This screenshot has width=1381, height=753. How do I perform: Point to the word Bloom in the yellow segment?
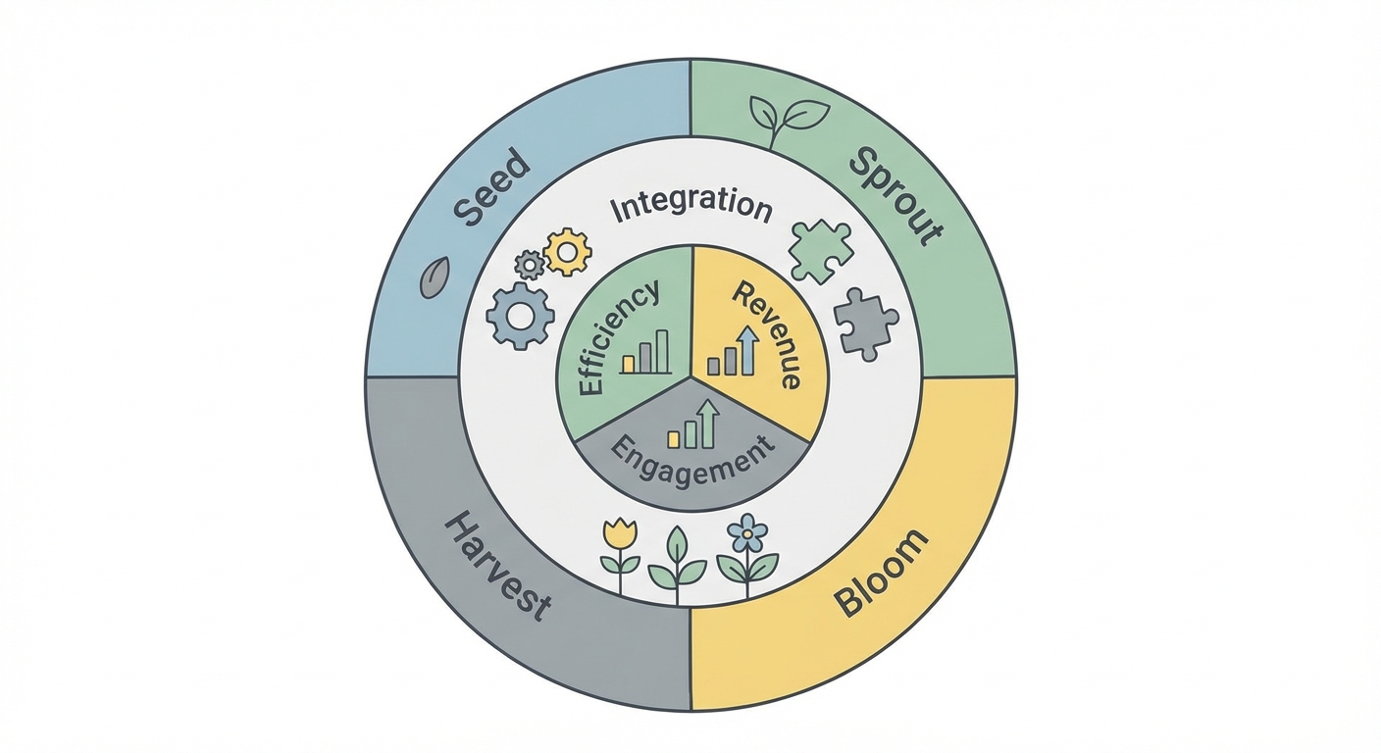pos(882,573)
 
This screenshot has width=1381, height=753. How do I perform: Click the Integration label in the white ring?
pos(690,207)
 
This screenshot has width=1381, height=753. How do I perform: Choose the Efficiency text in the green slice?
pos(617,338)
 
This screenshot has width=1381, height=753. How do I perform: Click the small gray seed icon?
pos(435,277)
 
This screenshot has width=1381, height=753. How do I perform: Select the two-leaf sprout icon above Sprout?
pos(787,119)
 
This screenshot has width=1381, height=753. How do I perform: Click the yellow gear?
pos(567,251)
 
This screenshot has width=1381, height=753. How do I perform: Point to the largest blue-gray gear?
pos(519,316)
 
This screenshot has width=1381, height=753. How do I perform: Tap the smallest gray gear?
pos(530,264)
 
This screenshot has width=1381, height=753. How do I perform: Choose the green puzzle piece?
pos(820,251)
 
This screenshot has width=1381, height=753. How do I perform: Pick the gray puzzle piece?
pos(864,324)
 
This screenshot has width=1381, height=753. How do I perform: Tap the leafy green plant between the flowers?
pos(678,559)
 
